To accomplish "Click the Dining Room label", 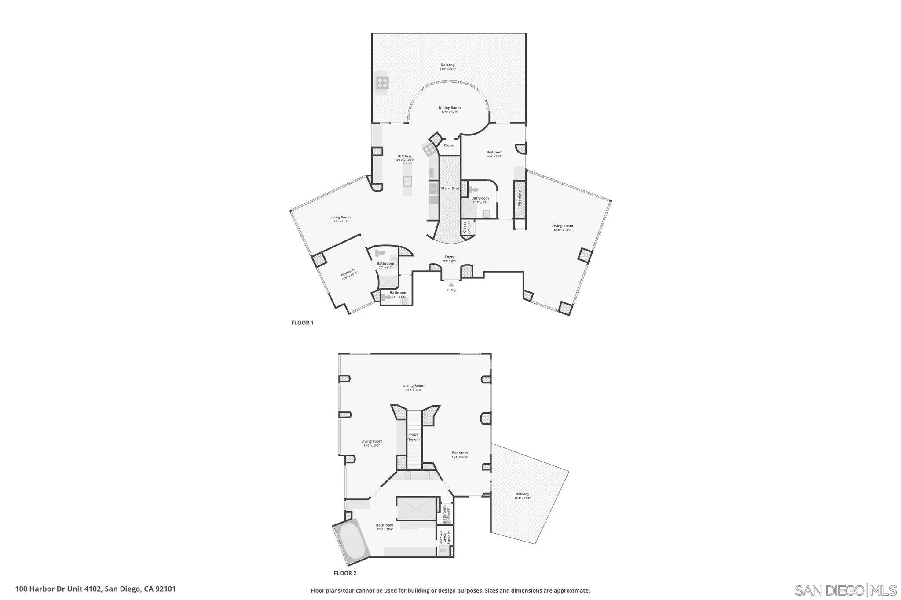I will [x=449, y=108].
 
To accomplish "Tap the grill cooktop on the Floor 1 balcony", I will [x=74, y=83].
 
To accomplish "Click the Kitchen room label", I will [x=404, y=156].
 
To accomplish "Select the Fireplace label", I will [x=520, y=198].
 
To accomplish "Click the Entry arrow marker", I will [x=451, y=284].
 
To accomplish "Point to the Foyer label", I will [x=450, y=257].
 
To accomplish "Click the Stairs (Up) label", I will [x=450, y=188].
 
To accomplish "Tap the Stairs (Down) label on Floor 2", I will [x=413, y=437].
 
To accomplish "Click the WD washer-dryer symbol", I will [x=443, y=550].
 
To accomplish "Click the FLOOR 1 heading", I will [x=302, y=323].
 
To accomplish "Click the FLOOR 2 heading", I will [x=345, y=573].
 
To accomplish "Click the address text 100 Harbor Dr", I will [x=95, y=589].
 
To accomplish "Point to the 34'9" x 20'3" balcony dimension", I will [x=448, y=69].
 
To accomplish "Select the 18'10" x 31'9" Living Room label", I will [x=562, y=226].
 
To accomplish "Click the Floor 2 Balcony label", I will [x=523, y=494].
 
